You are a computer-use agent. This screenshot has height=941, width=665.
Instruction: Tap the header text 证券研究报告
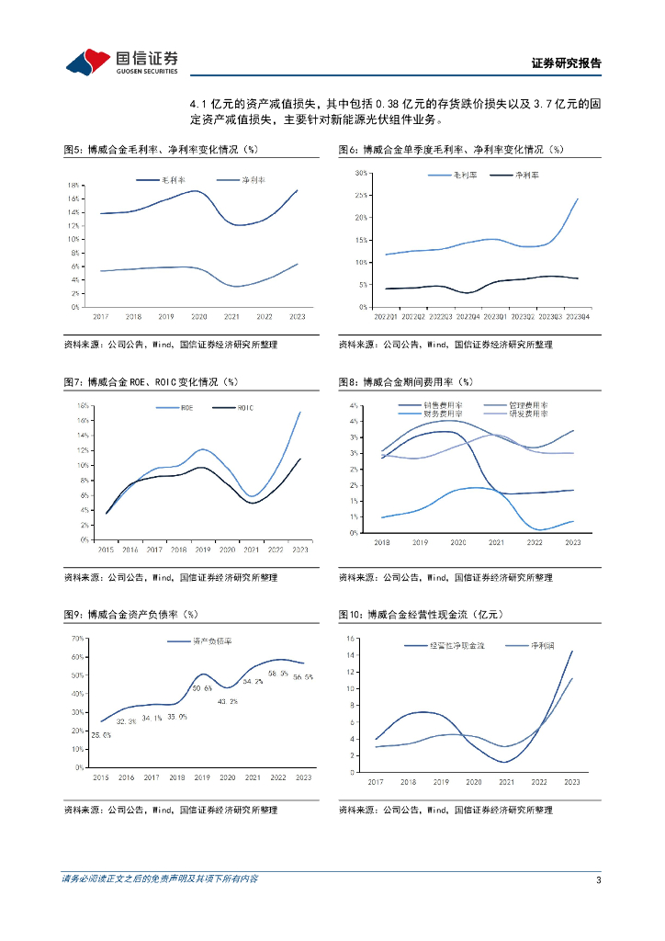pos(566,63)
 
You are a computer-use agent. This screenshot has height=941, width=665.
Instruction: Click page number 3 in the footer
pos(598,881)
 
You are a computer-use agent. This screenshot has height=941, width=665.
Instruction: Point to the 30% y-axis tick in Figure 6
pos(362,173)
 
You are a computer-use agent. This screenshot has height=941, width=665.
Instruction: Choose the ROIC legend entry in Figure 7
pos(245,407)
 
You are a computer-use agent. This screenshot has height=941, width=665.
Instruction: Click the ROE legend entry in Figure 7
pos(186,407)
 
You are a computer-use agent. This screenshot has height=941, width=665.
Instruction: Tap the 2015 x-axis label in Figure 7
pos(106,549)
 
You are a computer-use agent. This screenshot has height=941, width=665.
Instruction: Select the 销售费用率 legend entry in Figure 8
pos(443,404)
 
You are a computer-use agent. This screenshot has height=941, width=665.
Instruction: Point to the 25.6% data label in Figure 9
pos(101,735)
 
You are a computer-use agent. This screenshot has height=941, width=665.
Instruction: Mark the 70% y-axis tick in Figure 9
pos(79,638)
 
